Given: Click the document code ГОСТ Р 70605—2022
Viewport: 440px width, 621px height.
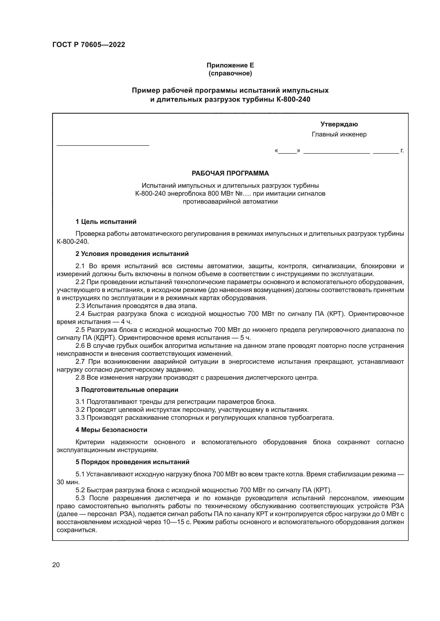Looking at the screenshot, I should click(x=89, y=45).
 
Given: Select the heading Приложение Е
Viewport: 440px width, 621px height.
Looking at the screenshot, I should click(x=230, y=65).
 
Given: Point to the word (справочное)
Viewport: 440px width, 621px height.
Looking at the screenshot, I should click(x=230, y=73).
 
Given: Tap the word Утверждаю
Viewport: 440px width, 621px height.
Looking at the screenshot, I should click(x=339, y=124).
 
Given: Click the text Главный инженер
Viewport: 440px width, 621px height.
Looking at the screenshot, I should click(x=339, y=134).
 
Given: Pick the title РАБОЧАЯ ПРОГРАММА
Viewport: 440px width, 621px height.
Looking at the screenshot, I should click(x=230, y=173).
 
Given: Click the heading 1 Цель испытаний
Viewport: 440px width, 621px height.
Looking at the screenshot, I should click(x=106, y=222).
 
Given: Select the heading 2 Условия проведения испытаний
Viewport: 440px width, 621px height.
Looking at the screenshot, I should click(x=132, y=254).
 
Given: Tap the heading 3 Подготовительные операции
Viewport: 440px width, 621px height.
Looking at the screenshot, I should click(x=127, y=390).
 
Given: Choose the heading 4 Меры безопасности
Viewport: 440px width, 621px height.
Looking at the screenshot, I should click(x=111, y=430).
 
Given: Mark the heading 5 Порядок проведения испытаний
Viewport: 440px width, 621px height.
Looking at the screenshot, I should click(x=132, y=462).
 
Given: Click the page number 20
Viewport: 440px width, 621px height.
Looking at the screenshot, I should click(x=56, y=565).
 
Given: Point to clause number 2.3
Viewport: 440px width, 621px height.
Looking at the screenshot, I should click(x=80, y=306).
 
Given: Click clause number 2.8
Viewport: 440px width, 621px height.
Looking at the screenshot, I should click(x=80, y=377).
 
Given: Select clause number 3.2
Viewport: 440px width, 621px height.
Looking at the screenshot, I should click(x=80, y=410).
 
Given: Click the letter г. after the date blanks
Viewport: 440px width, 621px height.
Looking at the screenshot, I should click(x=402, y=151).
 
